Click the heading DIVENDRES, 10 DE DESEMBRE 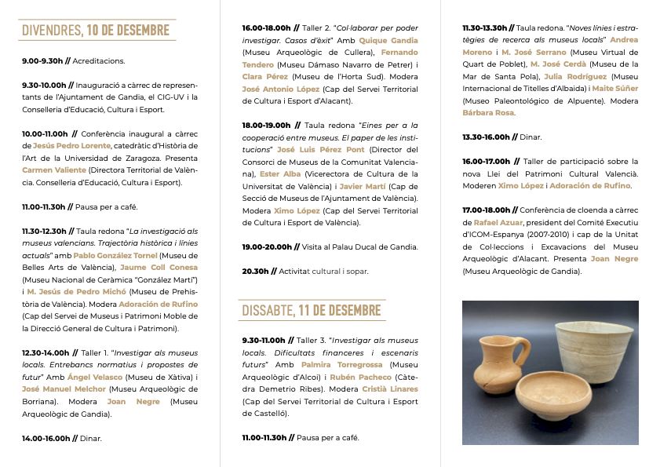(x=96, y=31)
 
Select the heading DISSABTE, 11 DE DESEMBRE (x=311, y=310)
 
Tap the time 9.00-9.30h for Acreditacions (x=43, y=60)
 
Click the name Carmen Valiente (x=54, y=170)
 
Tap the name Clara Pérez (x=265, y=76)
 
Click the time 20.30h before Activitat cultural (x=254, y=272)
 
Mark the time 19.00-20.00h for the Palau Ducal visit (x=268, y=247)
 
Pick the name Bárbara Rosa (x=488, y=113)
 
